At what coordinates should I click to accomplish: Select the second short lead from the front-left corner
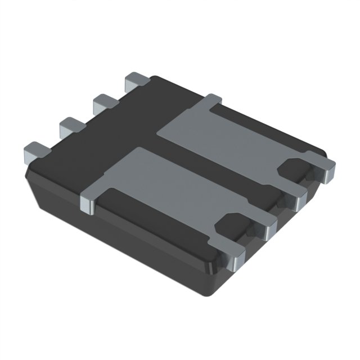[69, 125]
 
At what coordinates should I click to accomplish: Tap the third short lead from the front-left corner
[103, 102]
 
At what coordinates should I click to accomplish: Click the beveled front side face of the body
[124, 247]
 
